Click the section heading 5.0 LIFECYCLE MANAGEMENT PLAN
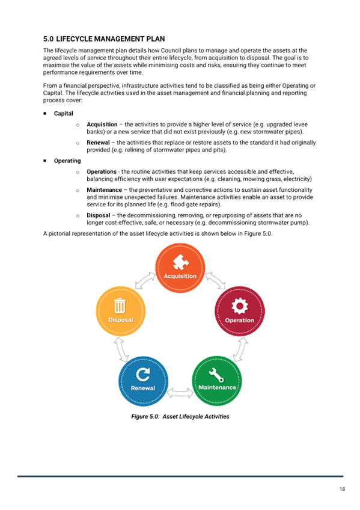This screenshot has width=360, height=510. point(104,39)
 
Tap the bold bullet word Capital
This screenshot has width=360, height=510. point(63,114)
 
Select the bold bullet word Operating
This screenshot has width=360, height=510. point(67,161)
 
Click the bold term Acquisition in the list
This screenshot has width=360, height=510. point(102,124)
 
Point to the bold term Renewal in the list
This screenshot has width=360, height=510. point(98,143)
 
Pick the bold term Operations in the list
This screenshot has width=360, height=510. point(102,172)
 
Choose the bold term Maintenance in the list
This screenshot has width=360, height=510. point(105,190)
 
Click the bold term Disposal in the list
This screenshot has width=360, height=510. point(99,215)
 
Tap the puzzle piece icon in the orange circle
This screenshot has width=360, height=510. point(181,262)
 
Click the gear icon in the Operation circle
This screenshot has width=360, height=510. point(240,306)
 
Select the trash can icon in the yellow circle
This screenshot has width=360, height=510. point(120,306)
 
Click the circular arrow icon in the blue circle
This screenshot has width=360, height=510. point(143,374)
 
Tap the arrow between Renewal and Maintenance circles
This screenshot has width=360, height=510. point(180,393)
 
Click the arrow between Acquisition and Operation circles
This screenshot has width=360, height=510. point(216,280)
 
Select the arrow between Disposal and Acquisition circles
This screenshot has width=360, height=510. point(145,280)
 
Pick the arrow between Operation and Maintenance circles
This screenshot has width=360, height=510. point(241,349)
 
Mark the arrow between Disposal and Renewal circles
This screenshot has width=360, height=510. point(121,349)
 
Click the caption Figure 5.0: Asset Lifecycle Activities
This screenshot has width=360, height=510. point(180,417)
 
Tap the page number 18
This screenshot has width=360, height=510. point(342,489)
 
